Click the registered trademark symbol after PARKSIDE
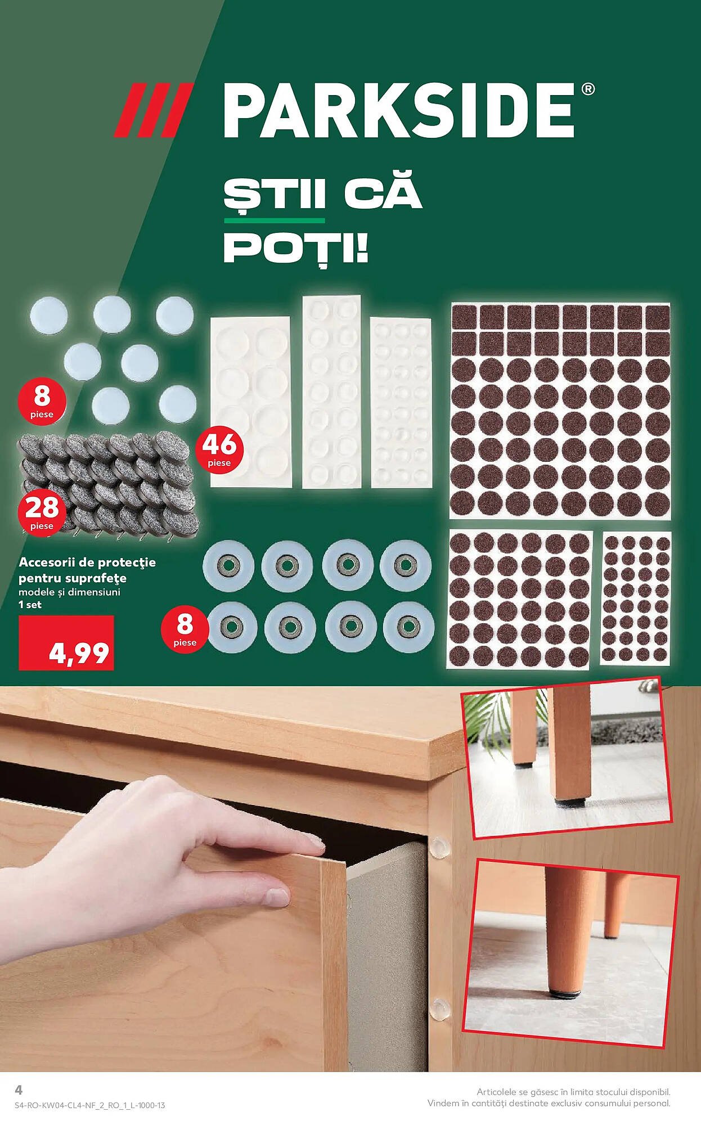[586, 89]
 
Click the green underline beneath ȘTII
[274, 220]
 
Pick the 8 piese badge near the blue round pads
[42, 401]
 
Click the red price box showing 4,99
[66, 643]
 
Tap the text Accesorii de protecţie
[87, 562]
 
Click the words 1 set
[30, 605]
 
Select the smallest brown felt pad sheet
[636, 598]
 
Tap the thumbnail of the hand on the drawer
[225, 877]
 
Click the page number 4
[19, 1090]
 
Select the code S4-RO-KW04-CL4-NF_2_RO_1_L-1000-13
[90, 1105]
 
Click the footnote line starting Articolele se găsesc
[573, 1092]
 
